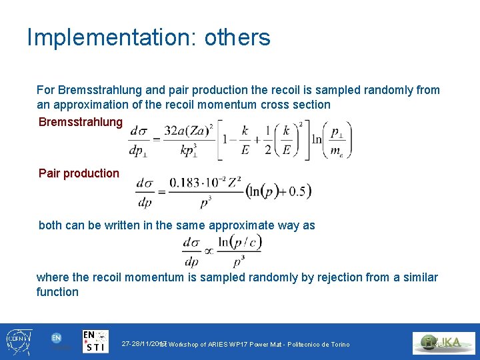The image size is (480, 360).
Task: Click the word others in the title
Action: coord(237,37)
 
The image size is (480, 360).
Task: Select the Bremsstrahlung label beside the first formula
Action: coord(81,121)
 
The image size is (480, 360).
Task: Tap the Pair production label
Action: coord(79,173)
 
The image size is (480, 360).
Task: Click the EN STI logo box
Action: coord(95,341)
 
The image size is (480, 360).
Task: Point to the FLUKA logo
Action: coord(443,343)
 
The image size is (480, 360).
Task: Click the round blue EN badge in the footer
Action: coord(57,338)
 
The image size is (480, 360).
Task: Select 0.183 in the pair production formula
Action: coord(185,182)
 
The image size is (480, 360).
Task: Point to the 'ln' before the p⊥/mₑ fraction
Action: coord(315,139)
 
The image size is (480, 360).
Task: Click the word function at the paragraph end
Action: coord(57,292)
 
